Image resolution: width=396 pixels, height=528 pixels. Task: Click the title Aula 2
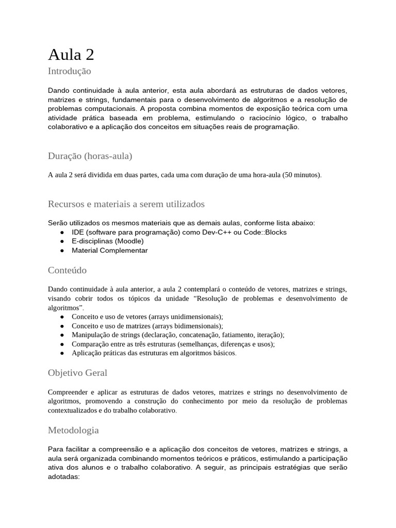click(x=71, y=54)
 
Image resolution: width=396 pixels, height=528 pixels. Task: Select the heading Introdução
click(x=69, y=71)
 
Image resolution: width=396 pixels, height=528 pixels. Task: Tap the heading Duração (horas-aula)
click(x=90, y=156)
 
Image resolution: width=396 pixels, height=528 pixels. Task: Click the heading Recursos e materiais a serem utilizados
click(x=126, y=204)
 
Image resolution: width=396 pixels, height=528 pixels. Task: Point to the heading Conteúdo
click(x=67, y=270)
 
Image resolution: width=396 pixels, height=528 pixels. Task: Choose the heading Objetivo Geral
click(x=77, y=372)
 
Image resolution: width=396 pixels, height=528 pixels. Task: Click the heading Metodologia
click(x=73, y=430)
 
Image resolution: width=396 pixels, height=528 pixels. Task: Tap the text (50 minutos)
click(x=302, y=175)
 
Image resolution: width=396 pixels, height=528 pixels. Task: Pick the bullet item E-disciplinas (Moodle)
click(x=107, y=241)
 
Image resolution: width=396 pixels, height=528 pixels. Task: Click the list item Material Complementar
click(x=109, y=250)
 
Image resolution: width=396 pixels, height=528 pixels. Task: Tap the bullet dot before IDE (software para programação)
click(x=62, y=232)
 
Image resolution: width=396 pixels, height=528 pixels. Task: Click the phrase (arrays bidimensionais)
click(x=186, y=326)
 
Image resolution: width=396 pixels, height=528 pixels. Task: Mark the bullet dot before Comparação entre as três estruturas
click(x=62, y=344)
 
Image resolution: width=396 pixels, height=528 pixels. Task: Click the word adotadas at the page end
click(x=63, y=477)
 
